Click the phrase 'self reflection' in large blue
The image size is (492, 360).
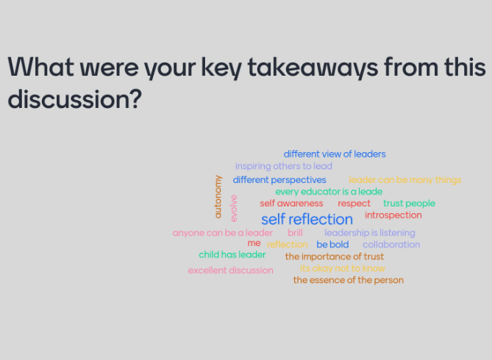point(307,219)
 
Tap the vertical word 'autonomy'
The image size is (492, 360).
point(218,197)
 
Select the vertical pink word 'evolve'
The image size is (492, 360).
point(234,208)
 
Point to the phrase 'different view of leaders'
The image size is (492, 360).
point(335,154)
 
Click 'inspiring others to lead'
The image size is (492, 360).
point(284,166)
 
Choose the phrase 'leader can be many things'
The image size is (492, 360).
point(404,180)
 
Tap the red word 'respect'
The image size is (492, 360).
point(354,204)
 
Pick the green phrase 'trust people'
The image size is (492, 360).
point(409,204)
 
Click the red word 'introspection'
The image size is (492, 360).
point(393,215)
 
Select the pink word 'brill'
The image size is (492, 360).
point(295,233)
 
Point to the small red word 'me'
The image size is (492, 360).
point(254,243)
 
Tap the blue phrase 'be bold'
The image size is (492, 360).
point(332,244)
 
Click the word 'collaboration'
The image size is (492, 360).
point(391,244)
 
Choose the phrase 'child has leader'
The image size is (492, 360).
point(232,255)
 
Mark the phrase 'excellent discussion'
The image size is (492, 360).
point(231,270)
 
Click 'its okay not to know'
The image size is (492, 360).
point(342,268)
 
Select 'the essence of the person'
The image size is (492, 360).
point(349,280)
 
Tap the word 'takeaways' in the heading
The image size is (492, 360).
point(313,67)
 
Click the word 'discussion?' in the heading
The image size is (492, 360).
point(75,99)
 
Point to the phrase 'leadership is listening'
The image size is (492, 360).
point(370,233)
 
